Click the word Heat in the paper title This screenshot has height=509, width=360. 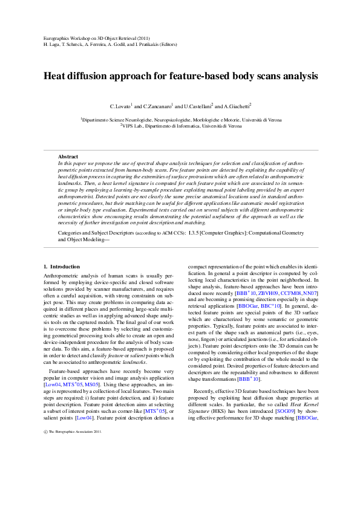pos(56,77)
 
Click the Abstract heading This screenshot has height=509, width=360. pos(68,157)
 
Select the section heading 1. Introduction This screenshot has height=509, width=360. pos(62,267)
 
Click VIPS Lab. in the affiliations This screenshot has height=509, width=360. pos(134,126)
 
